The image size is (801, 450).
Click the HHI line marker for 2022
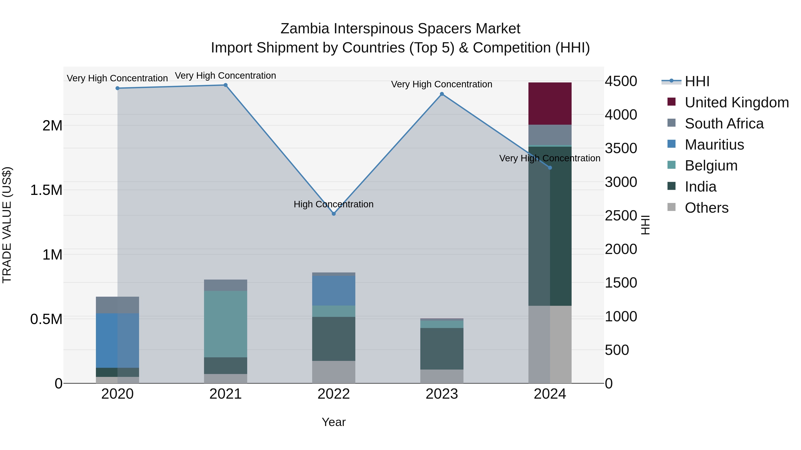click(334, 214)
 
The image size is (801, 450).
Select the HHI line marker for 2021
click(225, 85)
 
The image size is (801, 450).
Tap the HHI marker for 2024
click(550, 168)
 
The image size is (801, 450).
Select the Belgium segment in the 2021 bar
click(225, 324)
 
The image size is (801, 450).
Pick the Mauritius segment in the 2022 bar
click(334, 290)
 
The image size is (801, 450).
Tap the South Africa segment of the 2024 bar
click(550, 135)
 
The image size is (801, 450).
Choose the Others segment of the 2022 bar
click(334, 372)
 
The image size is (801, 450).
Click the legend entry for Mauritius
click(714, 145)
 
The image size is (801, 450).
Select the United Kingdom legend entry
click(736, 102)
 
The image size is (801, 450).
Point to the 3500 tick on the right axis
click(621, 148)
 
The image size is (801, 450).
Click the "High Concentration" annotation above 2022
click(334, 204)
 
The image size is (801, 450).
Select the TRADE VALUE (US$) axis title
click(7, 225)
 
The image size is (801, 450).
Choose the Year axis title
click(334, 422)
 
